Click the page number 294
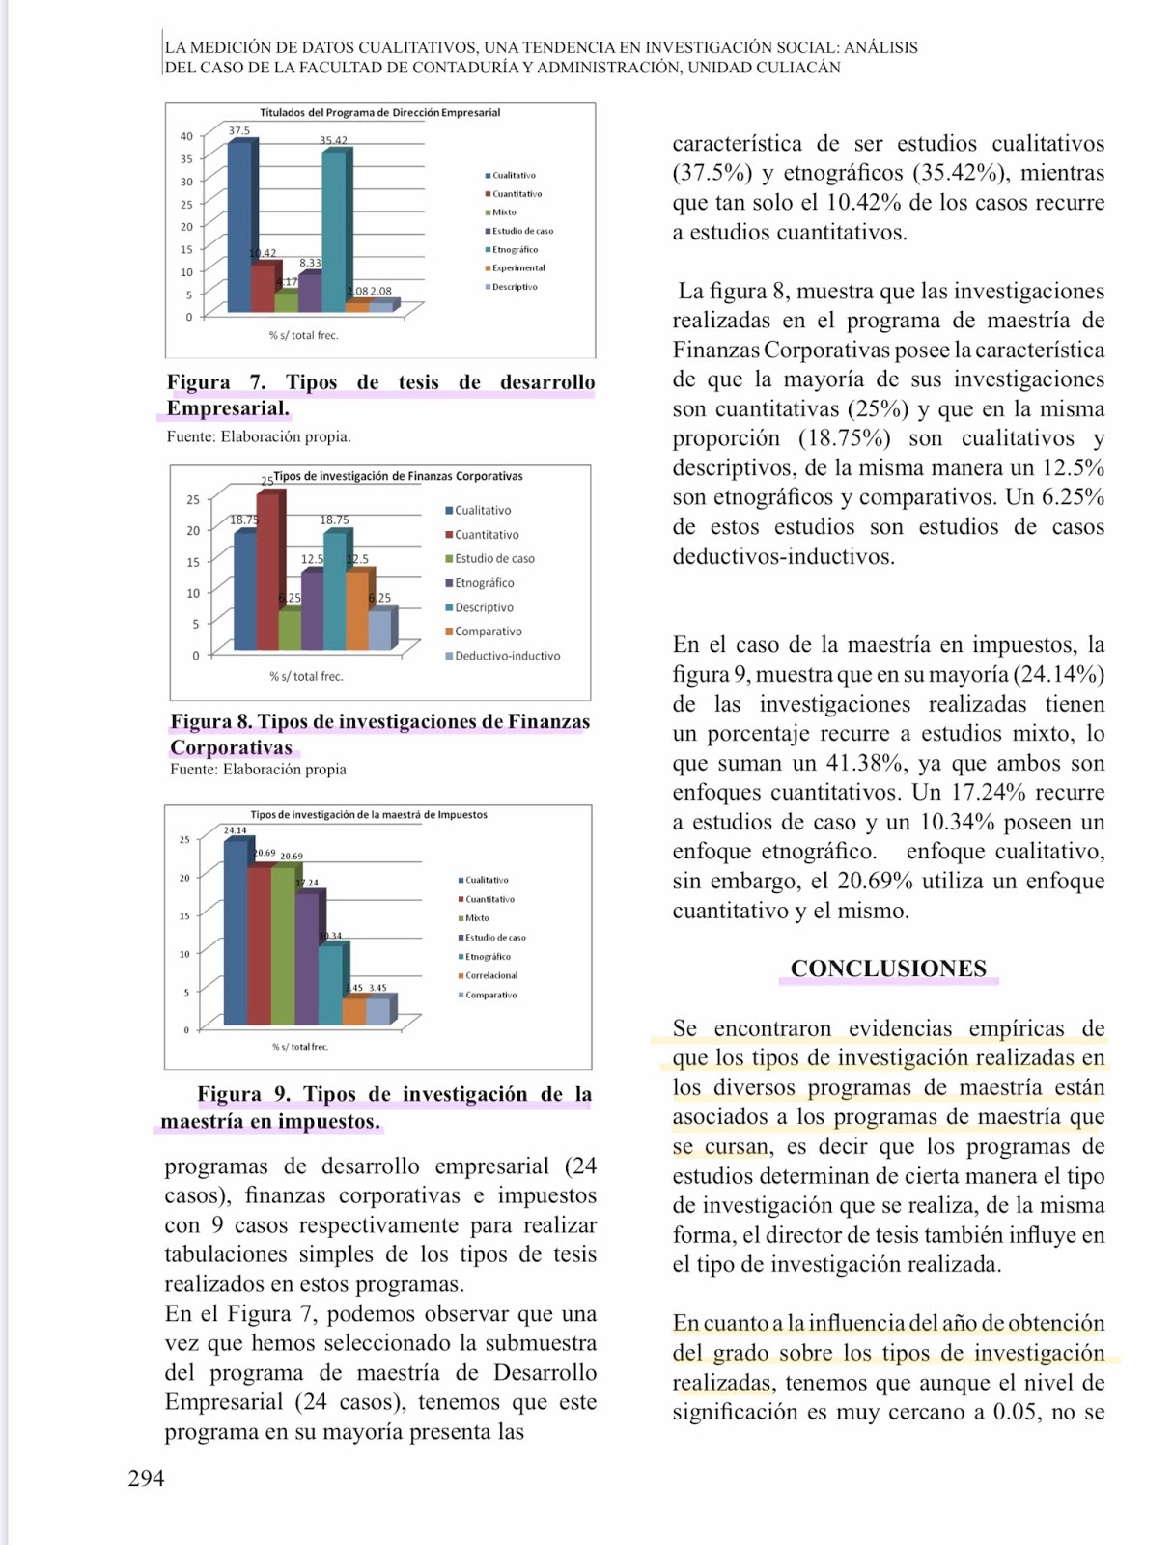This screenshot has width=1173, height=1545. click(146, 1478)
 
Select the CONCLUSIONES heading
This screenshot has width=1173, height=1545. click(888, 969)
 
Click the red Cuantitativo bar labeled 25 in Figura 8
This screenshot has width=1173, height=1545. click(269, 570)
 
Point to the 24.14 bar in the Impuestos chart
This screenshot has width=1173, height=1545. click(236, 932)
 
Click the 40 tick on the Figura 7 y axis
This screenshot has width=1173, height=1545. click(186, 136)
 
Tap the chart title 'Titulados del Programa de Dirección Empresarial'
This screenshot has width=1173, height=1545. click(379, 113)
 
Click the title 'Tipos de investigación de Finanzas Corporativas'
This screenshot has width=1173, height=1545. click(398, 476)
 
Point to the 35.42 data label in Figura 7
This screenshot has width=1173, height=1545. click(334, 141)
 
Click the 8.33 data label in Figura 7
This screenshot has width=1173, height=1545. click(310, 263)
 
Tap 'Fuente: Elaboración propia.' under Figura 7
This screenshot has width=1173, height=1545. click(259, 436)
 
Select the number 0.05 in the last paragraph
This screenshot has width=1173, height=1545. click(1018, 1412)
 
